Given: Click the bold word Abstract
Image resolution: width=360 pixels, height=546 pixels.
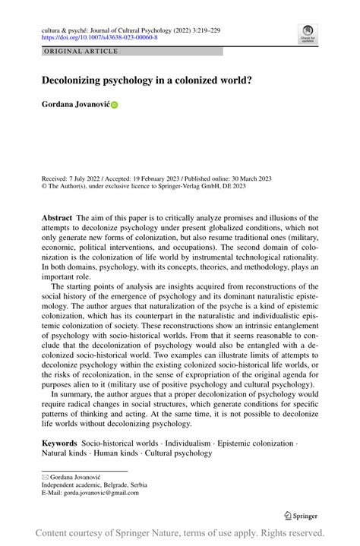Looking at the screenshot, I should tap(57, 217).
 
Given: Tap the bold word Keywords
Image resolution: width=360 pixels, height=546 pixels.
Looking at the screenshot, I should tap(59, 443).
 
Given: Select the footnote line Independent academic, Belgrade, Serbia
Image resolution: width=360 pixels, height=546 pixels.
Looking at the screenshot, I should tap(94, 484).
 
